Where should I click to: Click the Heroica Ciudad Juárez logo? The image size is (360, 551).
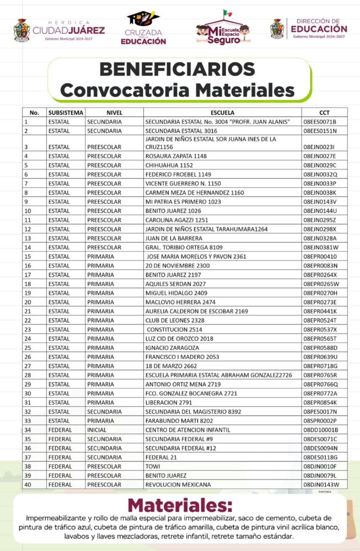(59, 30)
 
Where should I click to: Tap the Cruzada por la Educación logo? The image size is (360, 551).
(143, 28)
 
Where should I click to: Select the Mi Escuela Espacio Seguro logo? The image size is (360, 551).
(223, 28)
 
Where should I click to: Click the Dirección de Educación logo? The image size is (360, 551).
(308, 29)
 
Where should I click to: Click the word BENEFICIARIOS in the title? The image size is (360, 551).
(177, 69)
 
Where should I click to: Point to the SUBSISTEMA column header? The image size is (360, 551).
(66, 113)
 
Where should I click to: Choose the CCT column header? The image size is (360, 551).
(324, 113)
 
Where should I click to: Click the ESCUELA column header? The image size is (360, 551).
(222, 113)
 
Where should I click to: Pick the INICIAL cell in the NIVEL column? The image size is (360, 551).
(97, 429)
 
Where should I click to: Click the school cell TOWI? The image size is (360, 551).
(153, 466)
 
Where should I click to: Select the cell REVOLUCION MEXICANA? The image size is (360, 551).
(178, 484)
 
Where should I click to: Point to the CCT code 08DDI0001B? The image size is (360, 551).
(321, 429)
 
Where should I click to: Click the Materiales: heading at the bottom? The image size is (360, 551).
(180, 506)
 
